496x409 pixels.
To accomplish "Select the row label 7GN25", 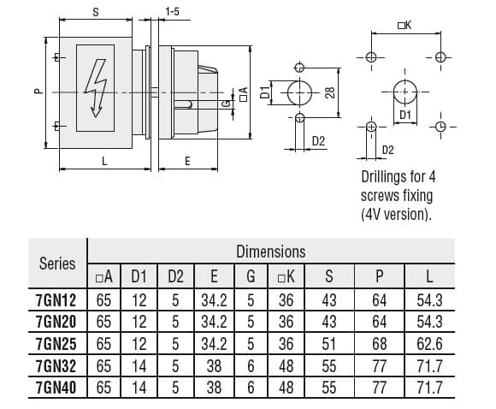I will (x=57, y=343).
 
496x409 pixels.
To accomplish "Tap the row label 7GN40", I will (x=57, y=387).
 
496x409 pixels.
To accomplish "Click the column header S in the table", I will (x=330, y=276).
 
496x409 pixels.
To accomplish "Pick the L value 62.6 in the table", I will (x=430, y=343).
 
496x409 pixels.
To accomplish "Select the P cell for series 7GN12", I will (x=380, y=299).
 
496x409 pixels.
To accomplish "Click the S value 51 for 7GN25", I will (x=330, y=343).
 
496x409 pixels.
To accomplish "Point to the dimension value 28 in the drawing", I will (x=329, y=92).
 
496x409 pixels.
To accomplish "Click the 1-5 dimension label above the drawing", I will (x=172, y=12).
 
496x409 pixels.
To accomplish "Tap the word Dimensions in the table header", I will (x=270, y=252).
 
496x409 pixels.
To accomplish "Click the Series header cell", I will (x=57, y=264).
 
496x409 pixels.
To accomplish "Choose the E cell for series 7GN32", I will (x=213, y=365).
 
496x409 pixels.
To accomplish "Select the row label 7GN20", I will (x=57, y=322).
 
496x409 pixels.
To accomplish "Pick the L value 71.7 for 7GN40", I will (x=430, y=387).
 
